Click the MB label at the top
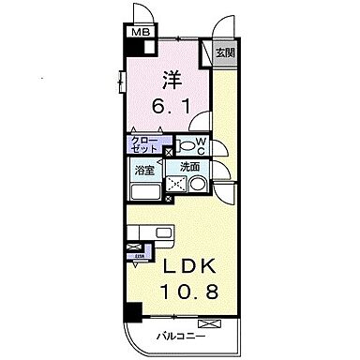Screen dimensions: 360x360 (138, 32)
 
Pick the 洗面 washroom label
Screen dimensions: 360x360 (191, 168)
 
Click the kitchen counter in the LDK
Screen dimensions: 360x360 (149, 232)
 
